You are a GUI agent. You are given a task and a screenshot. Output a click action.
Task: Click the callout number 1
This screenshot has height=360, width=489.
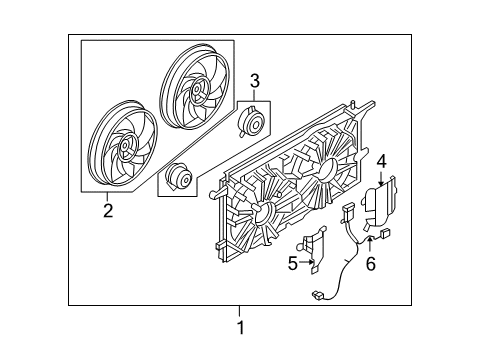(239, 327)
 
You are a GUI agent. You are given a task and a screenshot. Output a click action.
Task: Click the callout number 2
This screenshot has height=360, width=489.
(107, 211)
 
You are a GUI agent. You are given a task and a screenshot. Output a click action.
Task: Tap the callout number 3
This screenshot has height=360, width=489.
(255, 80)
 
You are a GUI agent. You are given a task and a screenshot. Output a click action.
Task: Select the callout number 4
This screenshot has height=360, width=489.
(381, 159)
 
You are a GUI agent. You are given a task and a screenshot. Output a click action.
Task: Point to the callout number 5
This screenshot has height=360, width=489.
(293, 265)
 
